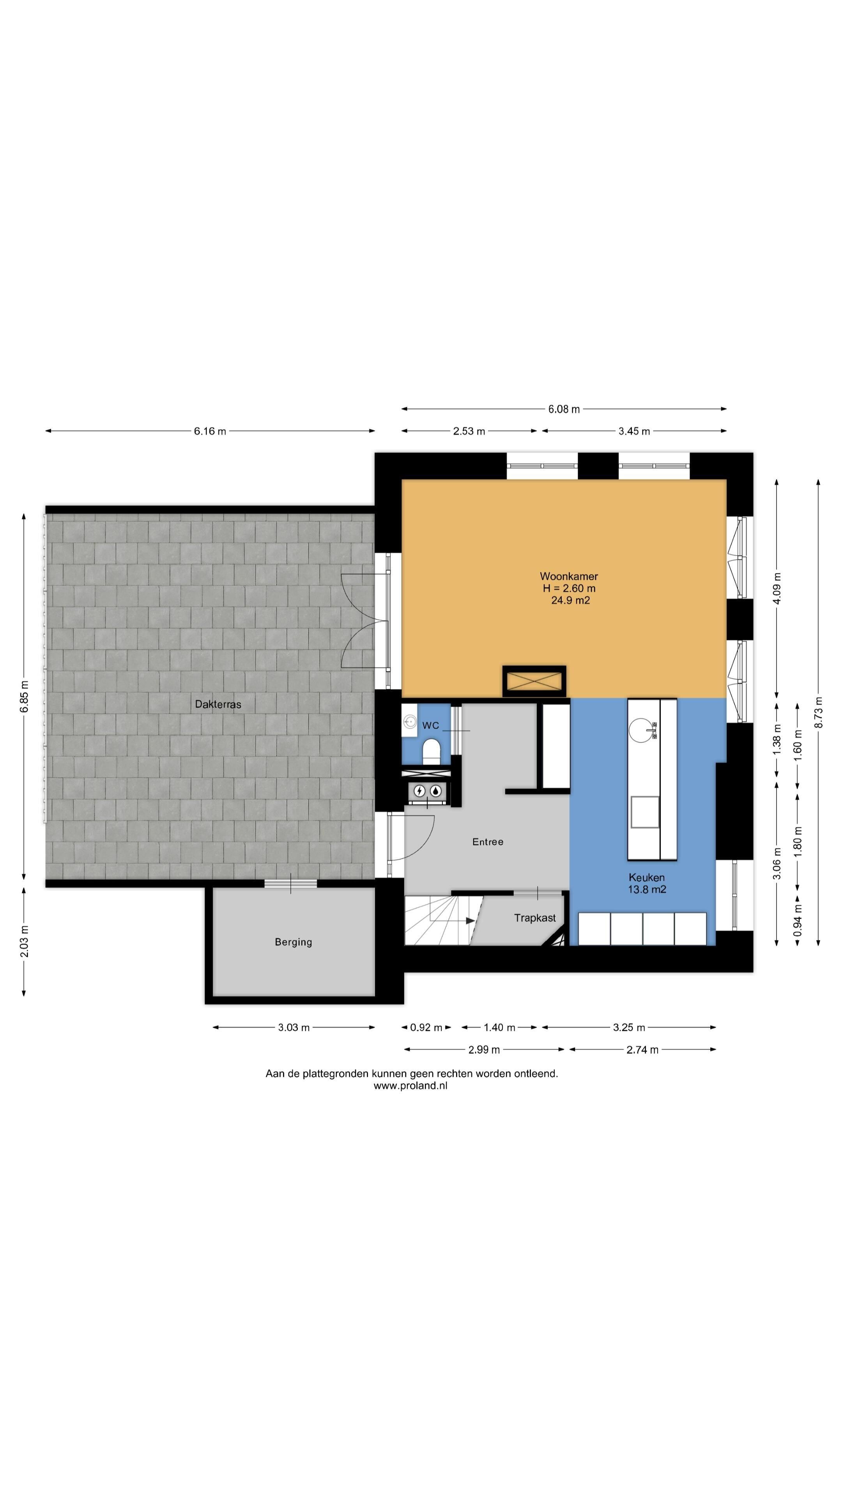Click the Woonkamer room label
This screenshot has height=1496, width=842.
568,576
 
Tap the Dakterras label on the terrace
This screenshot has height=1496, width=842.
218,704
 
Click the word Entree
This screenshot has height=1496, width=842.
488,841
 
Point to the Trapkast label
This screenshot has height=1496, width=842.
534,917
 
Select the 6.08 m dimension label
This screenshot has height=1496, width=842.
564,409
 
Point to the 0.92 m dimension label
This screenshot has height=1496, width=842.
426,1027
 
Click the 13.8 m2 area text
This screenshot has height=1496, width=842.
647,889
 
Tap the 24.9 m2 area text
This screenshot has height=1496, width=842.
571,600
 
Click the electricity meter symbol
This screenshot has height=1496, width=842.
419,790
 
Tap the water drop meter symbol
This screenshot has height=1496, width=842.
435,790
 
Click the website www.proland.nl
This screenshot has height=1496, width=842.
410,1085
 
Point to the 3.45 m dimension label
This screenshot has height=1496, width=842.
634,431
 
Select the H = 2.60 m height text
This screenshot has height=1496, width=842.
569,588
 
